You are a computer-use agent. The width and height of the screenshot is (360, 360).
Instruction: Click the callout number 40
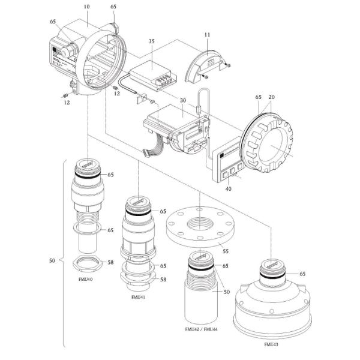tap(227, 188)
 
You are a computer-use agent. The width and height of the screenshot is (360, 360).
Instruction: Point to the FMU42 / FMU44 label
tap(202, 329)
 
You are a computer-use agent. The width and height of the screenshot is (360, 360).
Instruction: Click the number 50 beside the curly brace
tap(52, 261)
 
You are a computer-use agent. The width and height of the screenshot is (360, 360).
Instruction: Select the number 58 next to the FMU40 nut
tap(111, 262)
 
